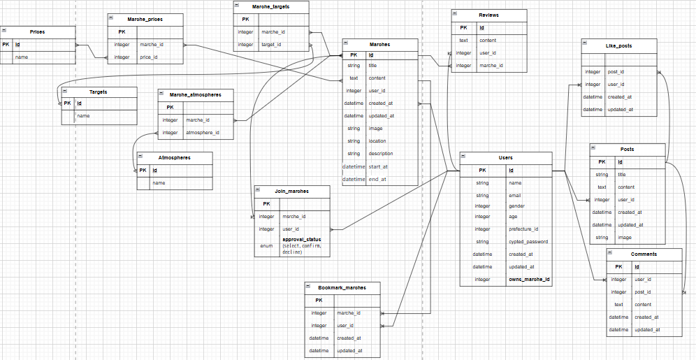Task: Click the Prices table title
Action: (x=37, y=32)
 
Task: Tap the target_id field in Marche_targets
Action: (x=271, y=45)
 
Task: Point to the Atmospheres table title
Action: (x=174, y=157)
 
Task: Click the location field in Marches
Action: (x=377, y=141)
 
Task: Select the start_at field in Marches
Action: (x=378, y=166)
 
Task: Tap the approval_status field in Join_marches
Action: (x=301, y=239)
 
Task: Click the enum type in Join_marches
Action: (x=266, y=245)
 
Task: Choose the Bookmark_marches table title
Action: (x=342, y=287)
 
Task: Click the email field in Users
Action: (x=515, y=196)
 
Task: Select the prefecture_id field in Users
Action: (x=523, y=229)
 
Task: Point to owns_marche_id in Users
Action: (x=529, y=280)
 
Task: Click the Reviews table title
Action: (x=488, y=15)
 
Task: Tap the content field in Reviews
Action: (x=488, y=41)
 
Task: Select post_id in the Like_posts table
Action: (x=616, y=71)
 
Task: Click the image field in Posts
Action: (x=625, y=238)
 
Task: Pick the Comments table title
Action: (x=644, y=254)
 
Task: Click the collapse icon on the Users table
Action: (x=463, y=157)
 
